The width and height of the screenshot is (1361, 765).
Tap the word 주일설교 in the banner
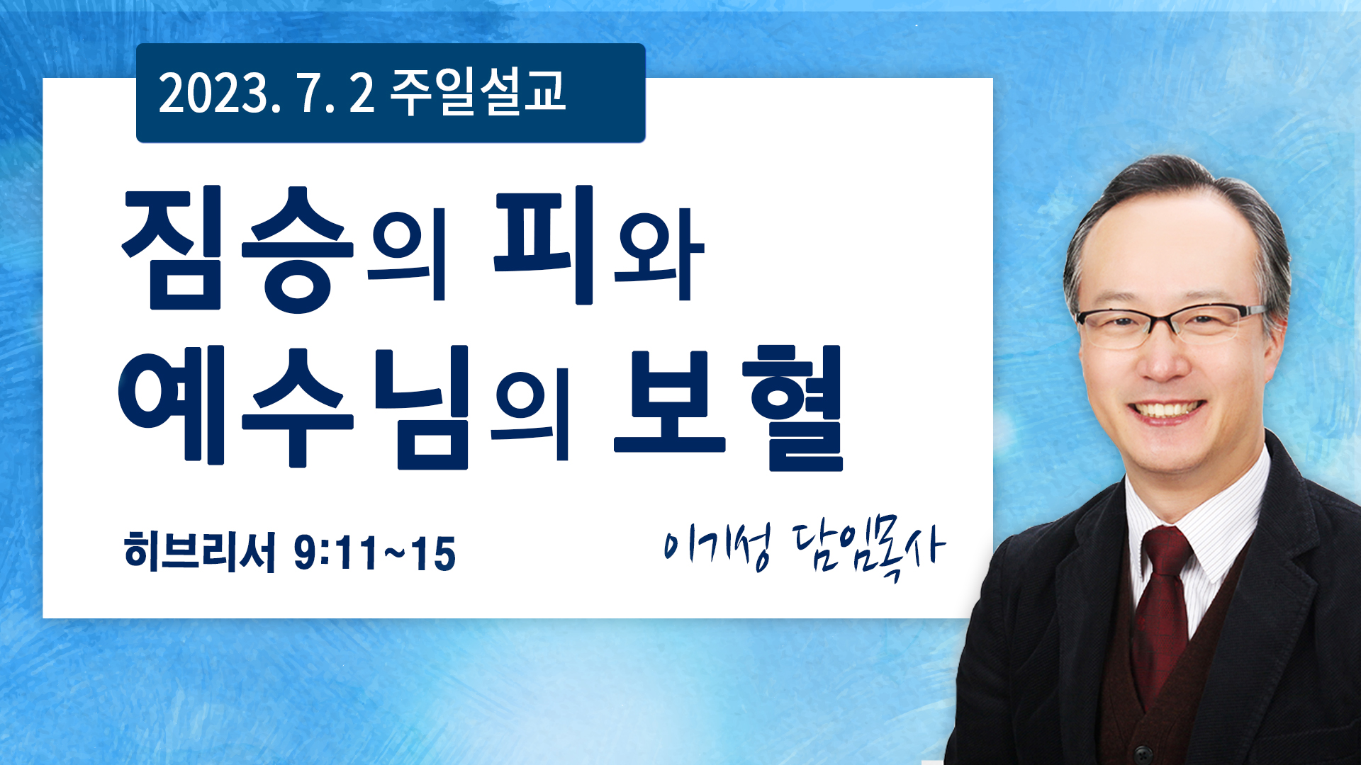point(478,92)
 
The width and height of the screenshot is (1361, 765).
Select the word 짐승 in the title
point(238,249)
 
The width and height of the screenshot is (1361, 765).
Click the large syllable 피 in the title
point(544,245)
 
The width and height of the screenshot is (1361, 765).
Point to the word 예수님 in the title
point(294,407)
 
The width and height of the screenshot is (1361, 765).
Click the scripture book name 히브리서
point(199,551)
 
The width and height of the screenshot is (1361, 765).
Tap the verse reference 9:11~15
point(375,553)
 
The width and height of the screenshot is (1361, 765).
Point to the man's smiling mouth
point(1166,412)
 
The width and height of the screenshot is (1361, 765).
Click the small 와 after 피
point(659,253)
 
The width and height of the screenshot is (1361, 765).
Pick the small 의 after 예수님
point(532,413)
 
